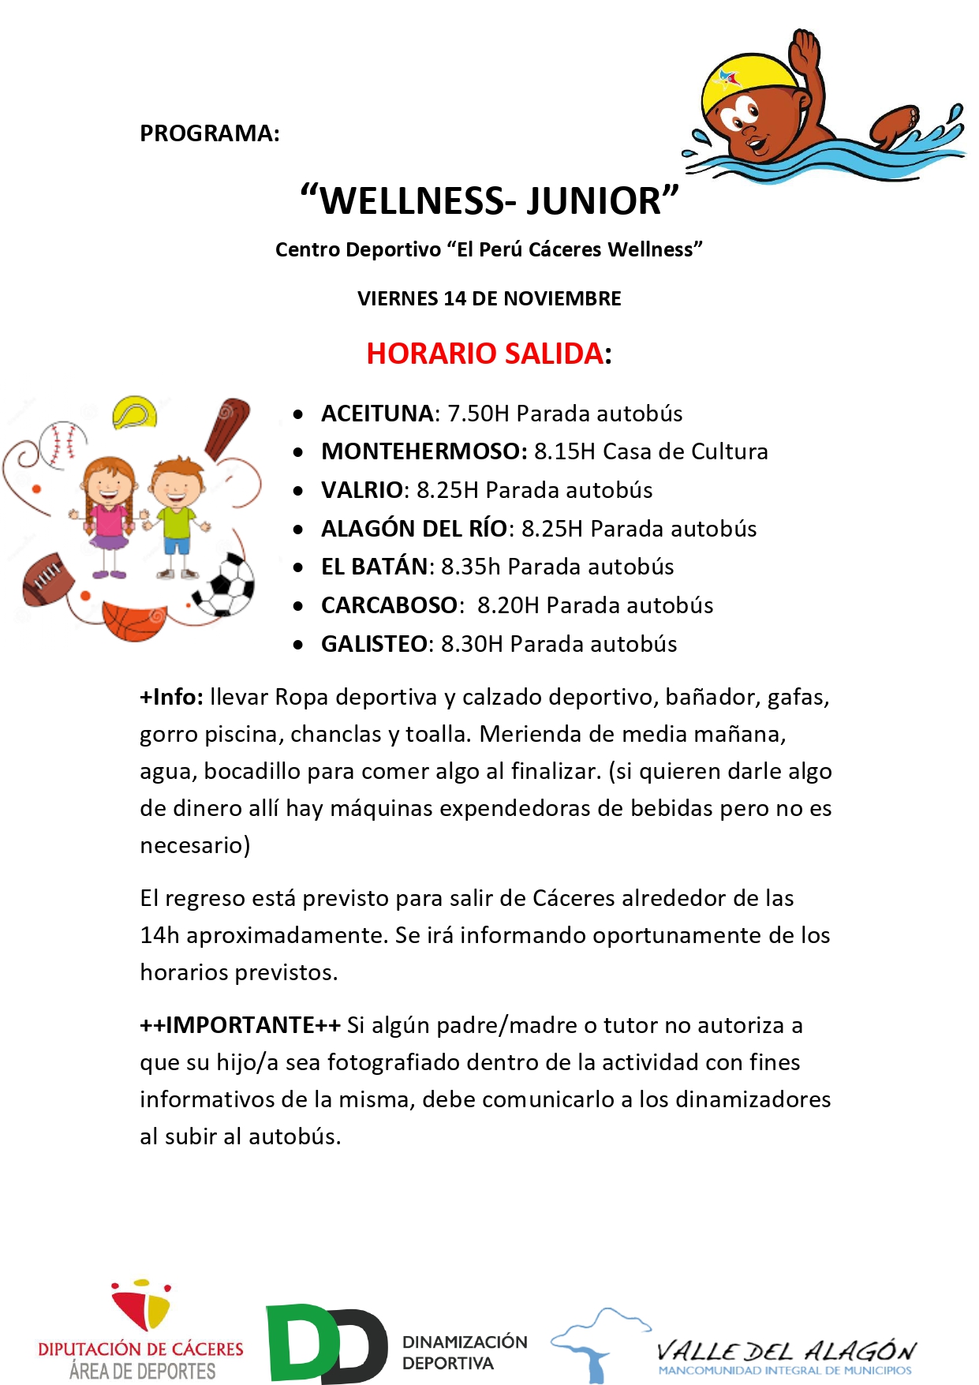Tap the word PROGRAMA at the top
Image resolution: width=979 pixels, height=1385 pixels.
pos(209,133)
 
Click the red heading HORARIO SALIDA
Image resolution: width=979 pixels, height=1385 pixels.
pos(485,354)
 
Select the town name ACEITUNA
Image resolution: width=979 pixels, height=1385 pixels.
pos(377,414)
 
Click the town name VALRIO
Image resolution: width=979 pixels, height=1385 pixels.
pos(362,490)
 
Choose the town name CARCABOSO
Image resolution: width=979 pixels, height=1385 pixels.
pos(389,605)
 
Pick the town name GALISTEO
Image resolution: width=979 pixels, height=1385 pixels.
pos(374,644)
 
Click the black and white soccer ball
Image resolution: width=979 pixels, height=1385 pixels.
pos(226,585)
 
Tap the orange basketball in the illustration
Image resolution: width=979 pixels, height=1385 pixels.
pos(133,620)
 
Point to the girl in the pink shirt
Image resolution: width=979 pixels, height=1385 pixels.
pos(109,514)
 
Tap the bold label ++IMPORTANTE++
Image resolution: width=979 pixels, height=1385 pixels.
pos(240,1025)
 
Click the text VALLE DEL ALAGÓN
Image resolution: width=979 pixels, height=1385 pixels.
pos(786,1351)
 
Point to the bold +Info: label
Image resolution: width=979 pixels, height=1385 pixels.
pos(171,697)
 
